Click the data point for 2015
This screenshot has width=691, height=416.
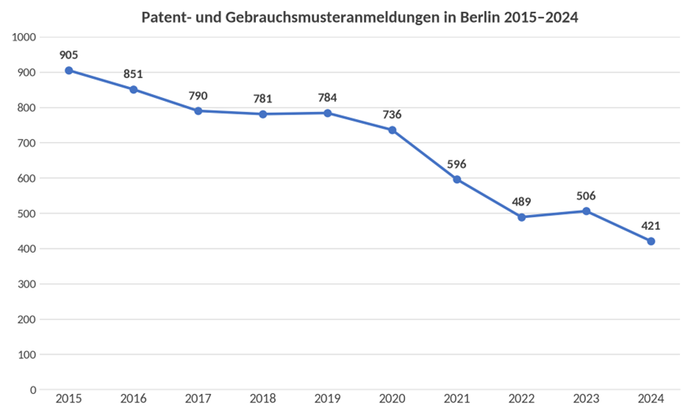(x=69, y=70)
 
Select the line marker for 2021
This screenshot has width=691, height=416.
(x=457, y=179)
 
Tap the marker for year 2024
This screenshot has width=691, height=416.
(x=651, y=241)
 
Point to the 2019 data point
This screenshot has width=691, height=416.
(x=328, y=113)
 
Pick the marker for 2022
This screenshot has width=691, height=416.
(x=522, y=217)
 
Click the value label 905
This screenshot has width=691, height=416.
(x=69, y=55)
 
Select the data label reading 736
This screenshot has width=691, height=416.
(x=392, y=114)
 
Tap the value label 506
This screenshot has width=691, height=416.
(x=586, y=196)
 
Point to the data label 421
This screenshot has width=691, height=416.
(x=651, y=226)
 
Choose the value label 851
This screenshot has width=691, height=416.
(x=133, y=74)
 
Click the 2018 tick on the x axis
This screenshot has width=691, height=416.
(x=263, y=399)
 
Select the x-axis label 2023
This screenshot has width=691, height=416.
(x=586, y=399)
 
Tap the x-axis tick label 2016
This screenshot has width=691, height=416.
(x=133, y=399)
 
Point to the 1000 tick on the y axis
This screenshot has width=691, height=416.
(x=24, y=37)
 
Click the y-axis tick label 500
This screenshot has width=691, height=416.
(x=27, y=213)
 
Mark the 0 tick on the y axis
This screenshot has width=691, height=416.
(x=33, y=390)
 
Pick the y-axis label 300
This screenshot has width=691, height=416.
(x=27, y=284)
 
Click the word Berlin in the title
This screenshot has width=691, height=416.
(x=480, y=17)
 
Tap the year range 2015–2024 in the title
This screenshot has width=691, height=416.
(x=541, y=17)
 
